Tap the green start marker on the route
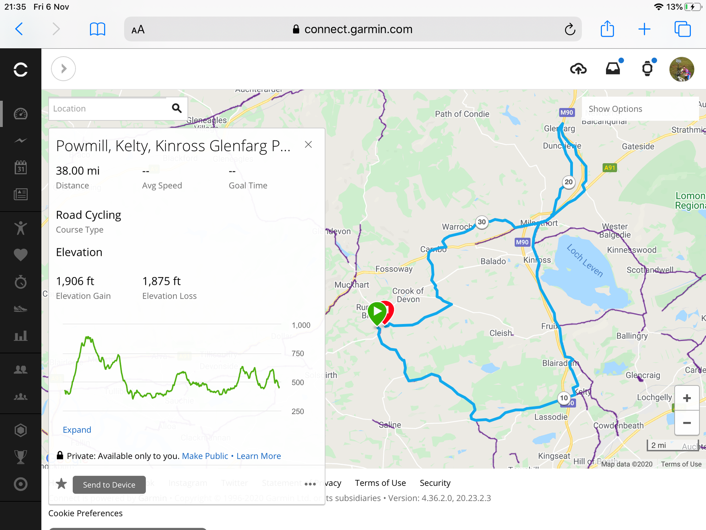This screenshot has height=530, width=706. [x=377, y=312]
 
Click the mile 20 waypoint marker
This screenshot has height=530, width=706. [x=568, y=182]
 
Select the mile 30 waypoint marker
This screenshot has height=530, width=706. [x=482, y=222]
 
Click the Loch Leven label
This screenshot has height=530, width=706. [x=585, y=261]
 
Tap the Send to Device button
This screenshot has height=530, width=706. [x=109, y=485]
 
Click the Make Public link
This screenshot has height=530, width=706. [x=205, y=456]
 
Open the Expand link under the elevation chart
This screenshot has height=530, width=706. [x=77, y=430]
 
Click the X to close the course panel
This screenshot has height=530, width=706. [x=308, y=145]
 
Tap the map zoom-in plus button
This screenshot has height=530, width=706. [x=687, y=398]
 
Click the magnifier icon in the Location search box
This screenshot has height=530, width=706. [x=177, y=108]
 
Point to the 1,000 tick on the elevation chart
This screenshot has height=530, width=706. [x=301, y=325]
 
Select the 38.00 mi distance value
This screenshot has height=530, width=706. [x=78, y=171]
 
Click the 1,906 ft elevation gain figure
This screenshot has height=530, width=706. [x=75, y=281]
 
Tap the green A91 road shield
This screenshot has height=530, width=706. [x=610, y=168]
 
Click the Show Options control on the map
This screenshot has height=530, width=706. [x=615, y=109]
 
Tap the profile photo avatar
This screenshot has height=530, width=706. [x=681, y=69]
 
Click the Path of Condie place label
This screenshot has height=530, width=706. [x=462, y=114]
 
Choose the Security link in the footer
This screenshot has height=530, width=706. [x=435, y=483]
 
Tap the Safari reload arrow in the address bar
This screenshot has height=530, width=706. [x=570, y=29]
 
